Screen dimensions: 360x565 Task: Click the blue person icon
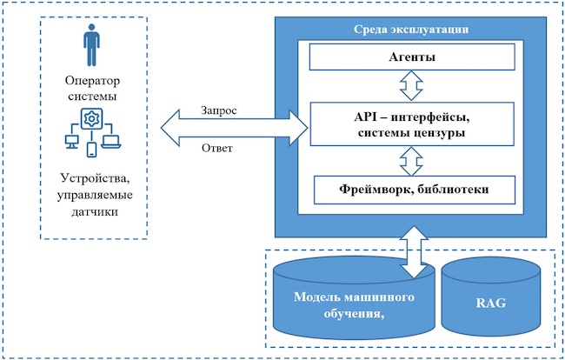(x=91, y=44)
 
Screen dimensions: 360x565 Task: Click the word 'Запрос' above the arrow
(x=219, y=112)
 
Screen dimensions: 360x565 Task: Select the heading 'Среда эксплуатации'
(x=413, y=29)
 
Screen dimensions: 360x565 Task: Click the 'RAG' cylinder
(x=491, y=304)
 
